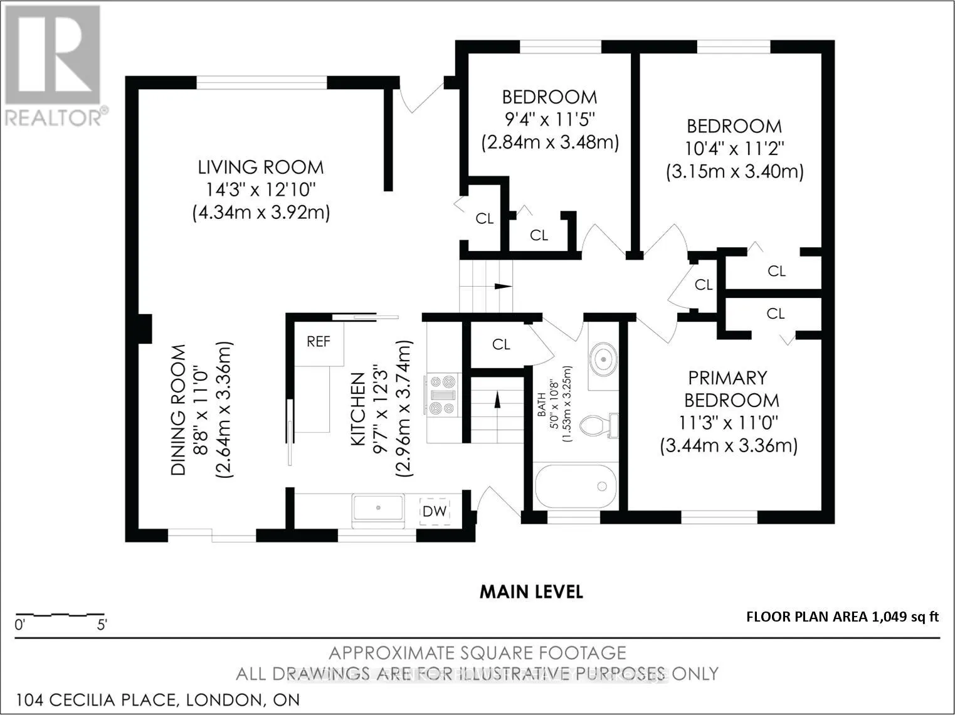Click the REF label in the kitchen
coord(319,342)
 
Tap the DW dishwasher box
coord(434,511)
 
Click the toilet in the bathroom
coord(599,425)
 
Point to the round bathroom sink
coord(603,359)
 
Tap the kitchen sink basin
coord(378,507)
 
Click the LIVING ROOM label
coord(261,167)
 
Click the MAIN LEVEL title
coord(531,592)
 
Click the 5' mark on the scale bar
coord(102,625)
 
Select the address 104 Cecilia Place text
coord(158,700)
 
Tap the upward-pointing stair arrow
coord(497,399)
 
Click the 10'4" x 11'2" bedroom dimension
coord(734,149)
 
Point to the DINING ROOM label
coord(178,410)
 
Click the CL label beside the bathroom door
coord(501,345)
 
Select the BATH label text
coord(542,405)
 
